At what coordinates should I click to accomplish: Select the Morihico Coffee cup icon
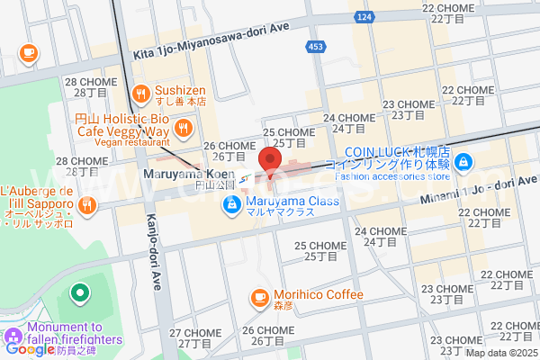(259, 295)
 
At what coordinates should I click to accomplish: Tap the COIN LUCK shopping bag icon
(462, 163)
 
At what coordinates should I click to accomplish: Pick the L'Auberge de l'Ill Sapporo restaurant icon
(87, 205)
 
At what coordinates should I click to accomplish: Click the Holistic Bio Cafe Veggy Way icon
(183, 129)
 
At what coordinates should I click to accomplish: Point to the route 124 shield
(389, 17)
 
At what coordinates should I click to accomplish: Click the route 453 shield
(318, 47)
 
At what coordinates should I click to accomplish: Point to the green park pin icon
(79, 292)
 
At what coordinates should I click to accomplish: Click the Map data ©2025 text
(499, 352)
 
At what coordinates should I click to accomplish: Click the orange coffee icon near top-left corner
(29, 52)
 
